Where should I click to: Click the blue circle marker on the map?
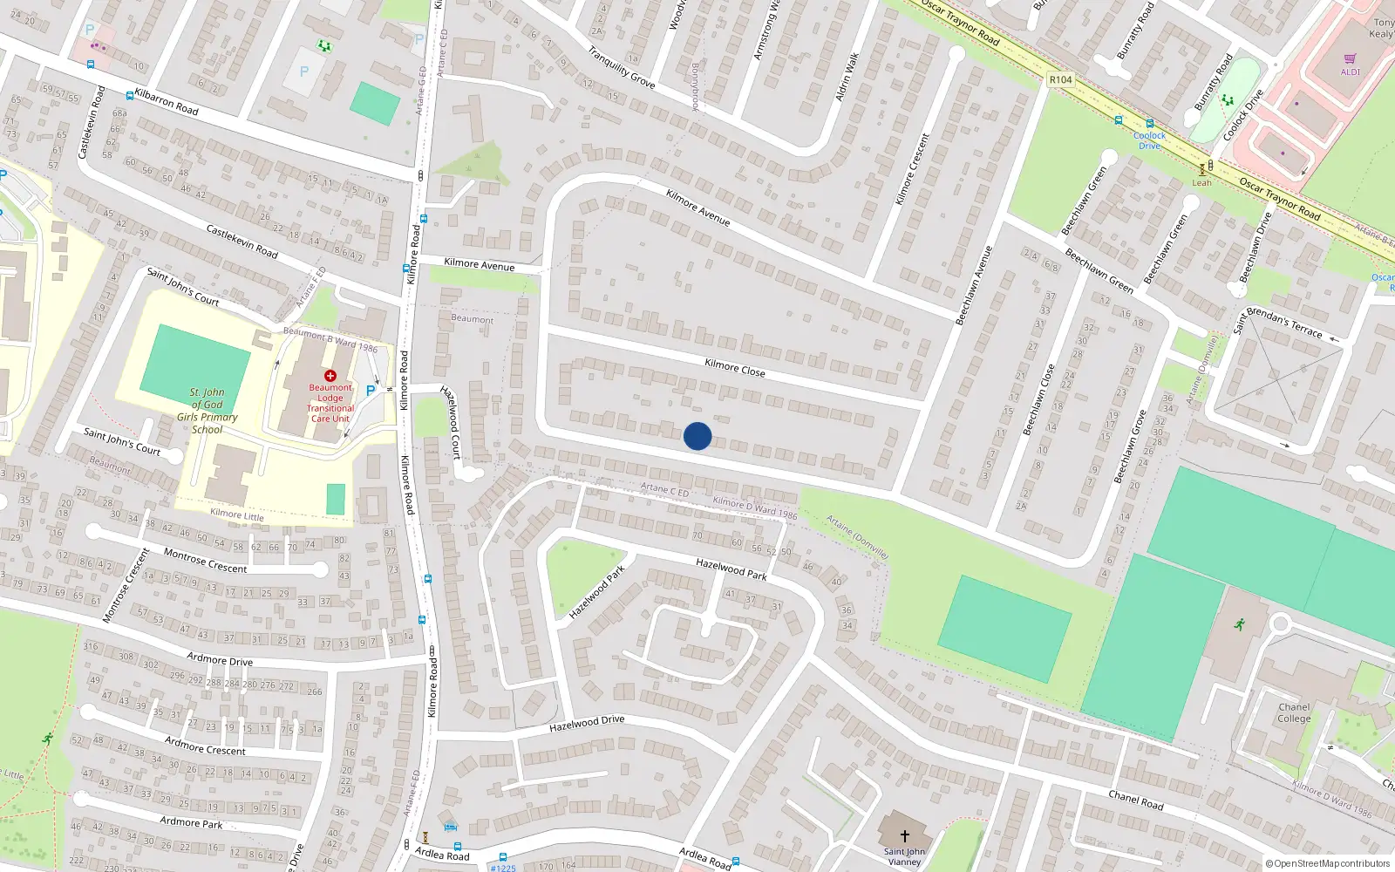pos(697,436)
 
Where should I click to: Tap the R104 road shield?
pos(1060,79)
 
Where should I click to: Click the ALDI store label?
pos(1350,72)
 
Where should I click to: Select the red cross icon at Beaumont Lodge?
pos(330,376)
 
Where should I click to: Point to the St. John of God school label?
pos(208,411)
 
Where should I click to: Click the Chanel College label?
pos(1294,713)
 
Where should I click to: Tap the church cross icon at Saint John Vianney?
pos(905,835)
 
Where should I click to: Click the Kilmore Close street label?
pos(735,368)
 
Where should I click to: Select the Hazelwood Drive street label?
pos(587,724)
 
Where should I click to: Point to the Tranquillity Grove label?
pos(622,67)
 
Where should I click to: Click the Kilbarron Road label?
pos(167,102)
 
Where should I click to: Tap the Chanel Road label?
pos(1135,800)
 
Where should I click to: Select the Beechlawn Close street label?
pos(1038,399)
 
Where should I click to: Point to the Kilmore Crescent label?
pos(913,169)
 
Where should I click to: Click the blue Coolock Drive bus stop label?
pos(1149,140)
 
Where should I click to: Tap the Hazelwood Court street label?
pos(450,421)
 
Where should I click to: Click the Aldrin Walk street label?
pos(847,77)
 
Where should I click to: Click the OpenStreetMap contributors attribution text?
pos(1328,863)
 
